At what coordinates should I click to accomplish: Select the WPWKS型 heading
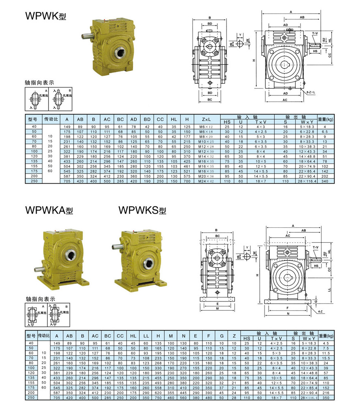(x=142, y=210)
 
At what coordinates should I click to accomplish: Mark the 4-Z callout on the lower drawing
(x=320, y=311)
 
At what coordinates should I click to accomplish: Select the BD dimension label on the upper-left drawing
(x=210, y=24)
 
